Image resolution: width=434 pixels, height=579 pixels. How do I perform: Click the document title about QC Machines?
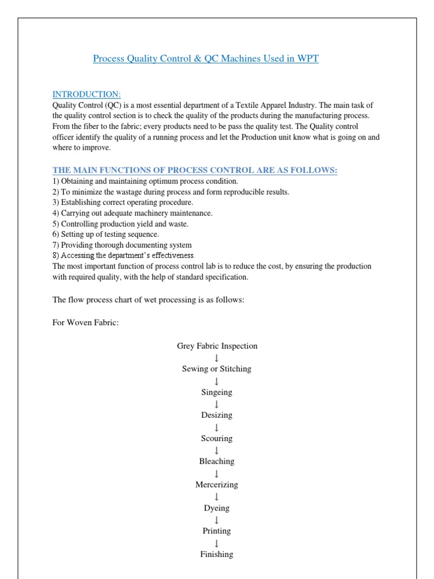click(206, 59)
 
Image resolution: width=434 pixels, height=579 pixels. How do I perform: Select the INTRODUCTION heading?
click(86, 94)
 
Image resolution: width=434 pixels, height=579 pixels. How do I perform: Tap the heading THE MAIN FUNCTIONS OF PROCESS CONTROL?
click(195, 170)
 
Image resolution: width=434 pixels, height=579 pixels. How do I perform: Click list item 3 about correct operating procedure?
click(123, 202)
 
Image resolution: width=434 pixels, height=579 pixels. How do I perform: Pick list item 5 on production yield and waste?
click(120, 224)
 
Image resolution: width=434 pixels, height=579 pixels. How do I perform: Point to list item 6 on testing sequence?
click(106, 235)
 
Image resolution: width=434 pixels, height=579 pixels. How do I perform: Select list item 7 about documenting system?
click(122, 245)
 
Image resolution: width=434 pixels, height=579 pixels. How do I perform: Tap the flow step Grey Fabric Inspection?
click(217, 346)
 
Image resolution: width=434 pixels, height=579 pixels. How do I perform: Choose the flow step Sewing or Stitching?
click(217, 369)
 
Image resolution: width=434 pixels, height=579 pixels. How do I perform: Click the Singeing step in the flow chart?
click(217, 392)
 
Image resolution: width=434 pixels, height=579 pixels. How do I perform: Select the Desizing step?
click(217, 416)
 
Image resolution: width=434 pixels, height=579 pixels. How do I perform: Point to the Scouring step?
click(217, 439)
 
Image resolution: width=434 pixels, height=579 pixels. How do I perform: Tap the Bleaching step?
click(217, 462)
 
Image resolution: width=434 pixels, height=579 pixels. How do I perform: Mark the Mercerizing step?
click(217, 485)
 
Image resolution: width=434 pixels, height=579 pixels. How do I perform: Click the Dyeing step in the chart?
click(217, 508)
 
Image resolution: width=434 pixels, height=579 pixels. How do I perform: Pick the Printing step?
click(217, 532)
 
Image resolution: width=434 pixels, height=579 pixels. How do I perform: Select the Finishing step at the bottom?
click(217, 555)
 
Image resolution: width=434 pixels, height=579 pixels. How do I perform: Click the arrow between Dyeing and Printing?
click(217, 520)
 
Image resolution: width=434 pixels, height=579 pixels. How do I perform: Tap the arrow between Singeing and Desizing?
click(217, 404)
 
